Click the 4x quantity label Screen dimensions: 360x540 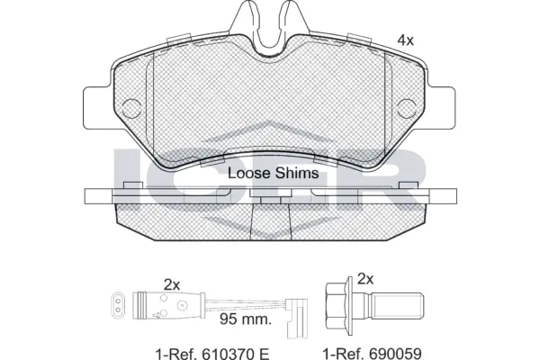click(x=406, y=40)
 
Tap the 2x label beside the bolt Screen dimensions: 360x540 click(x=365, y=278)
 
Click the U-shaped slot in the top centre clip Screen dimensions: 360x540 click(x=271, y=36)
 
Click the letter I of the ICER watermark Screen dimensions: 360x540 click(x=127, y=180)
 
